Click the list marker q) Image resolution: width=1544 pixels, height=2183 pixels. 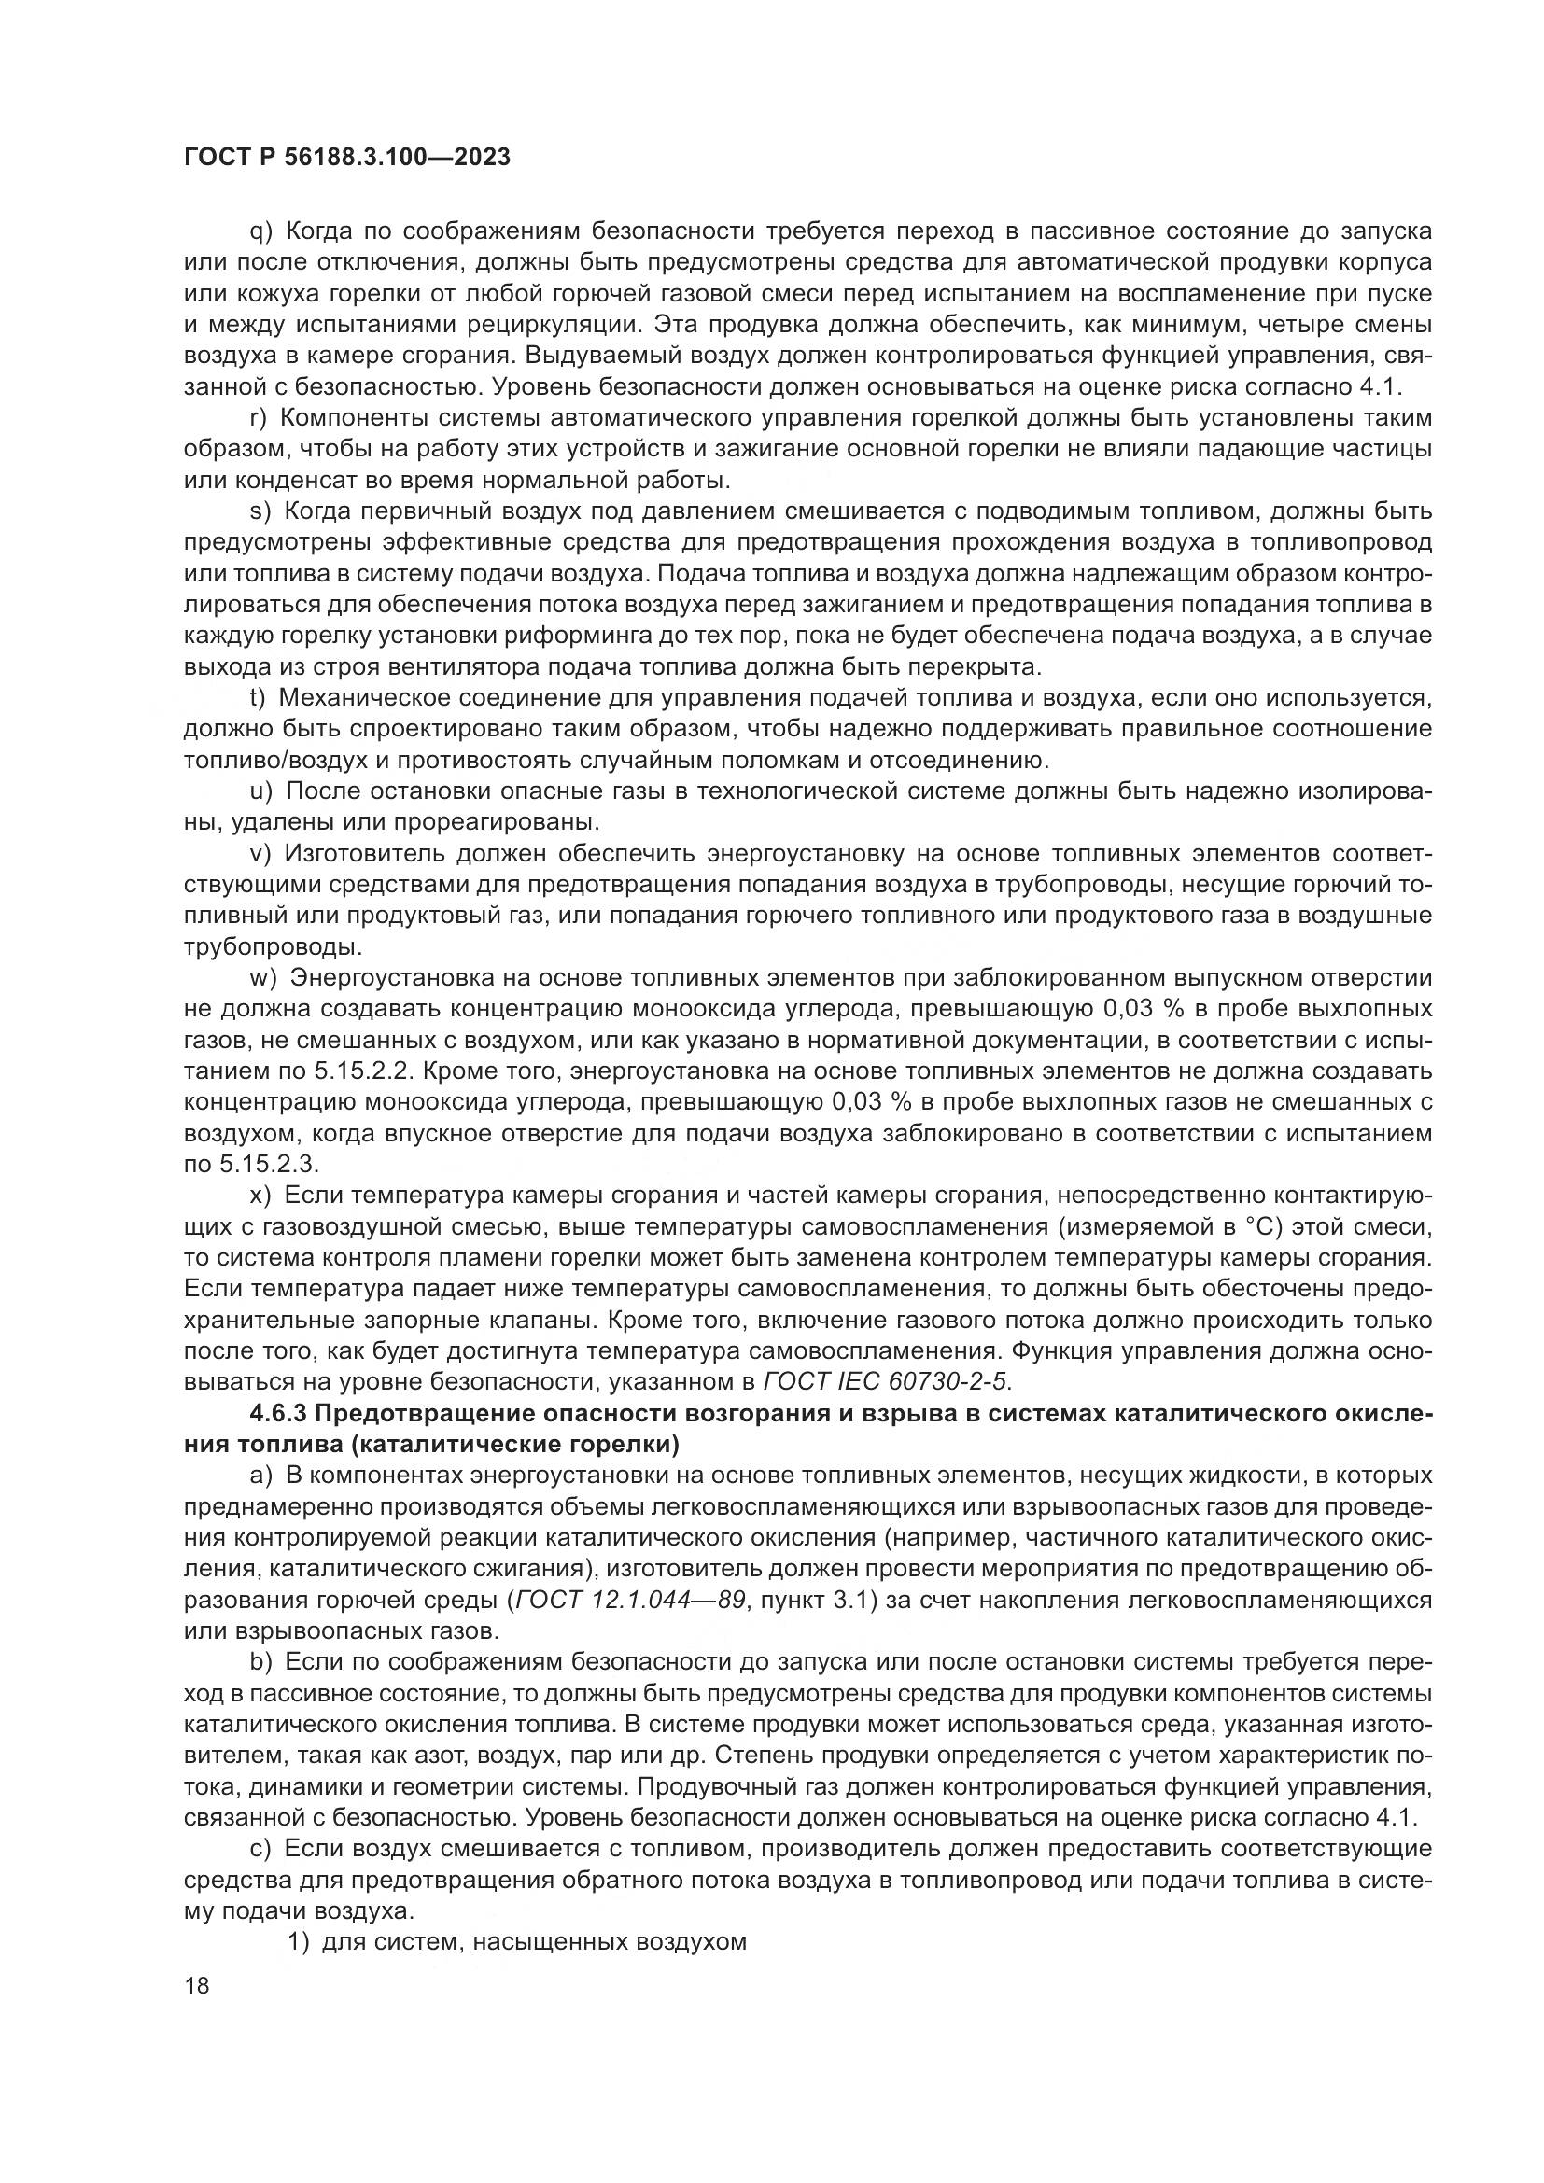click(260, 232)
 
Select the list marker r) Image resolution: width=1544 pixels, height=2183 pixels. click(259, 418)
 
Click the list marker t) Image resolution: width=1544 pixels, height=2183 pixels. click(258, 698)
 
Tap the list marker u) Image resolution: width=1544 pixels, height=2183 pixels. click(260, 791)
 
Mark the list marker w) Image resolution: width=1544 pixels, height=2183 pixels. click(262, 977)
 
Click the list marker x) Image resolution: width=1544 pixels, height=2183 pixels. click(260, 1196)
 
